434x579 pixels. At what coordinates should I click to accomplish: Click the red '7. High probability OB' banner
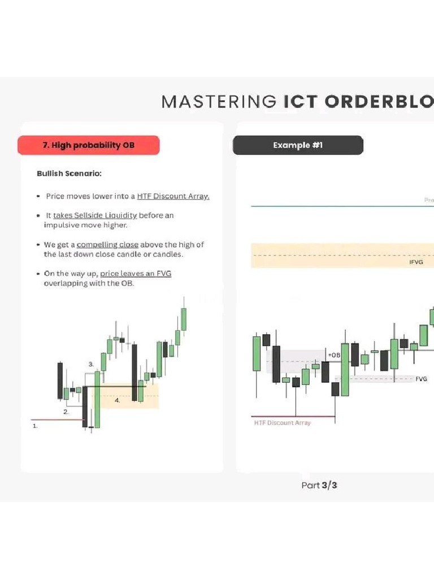[89, 145]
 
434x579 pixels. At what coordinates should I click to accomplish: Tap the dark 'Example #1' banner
[298, 145]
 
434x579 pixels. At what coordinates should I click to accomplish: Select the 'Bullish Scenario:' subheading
[69, 174]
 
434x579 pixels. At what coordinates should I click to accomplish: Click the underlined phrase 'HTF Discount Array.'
[173, 196]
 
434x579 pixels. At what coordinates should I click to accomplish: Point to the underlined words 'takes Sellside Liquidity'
[95, 215]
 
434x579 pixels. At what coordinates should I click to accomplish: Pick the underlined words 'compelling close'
[107, 245]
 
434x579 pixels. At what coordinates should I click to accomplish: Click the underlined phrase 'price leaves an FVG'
[136, 274]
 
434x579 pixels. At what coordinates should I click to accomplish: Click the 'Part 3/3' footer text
[319, 485]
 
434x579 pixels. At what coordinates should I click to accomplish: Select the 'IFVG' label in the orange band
[416, 262]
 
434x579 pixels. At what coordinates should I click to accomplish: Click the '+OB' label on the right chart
[334, 355]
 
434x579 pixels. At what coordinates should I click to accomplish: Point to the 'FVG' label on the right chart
[421, 379]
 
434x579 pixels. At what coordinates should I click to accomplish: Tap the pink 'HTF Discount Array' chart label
[282, 423]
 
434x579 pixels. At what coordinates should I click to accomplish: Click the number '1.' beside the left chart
[35, 426]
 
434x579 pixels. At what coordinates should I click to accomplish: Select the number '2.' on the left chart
[66, 412]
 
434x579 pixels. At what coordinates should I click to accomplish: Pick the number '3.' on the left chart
[91, 365]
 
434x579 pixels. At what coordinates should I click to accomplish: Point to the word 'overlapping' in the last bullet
[65, 283]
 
